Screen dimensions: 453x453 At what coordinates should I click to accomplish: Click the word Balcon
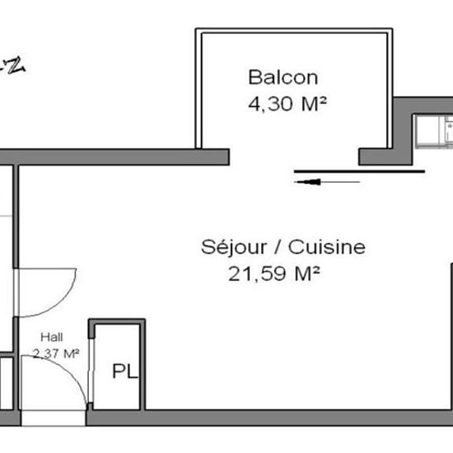[x=283, y=78]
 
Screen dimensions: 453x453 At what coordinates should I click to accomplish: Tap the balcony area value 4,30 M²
[x=283, y=105]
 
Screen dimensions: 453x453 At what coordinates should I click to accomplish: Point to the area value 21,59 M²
[x=274, y=273]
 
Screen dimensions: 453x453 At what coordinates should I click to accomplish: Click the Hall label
[x=57, y=338]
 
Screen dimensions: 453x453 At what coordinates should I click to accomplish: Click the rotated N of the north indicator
[x=15, y=65]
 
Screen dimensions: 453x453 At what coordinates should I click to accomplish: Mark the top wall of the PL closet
[x=116, y=321]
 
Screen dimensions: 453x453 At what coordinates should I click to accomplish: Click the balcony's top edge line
[x=293, y=30]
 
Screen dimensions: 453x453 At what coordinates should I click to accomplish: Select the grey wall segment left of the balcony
[x=124, y=156]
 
